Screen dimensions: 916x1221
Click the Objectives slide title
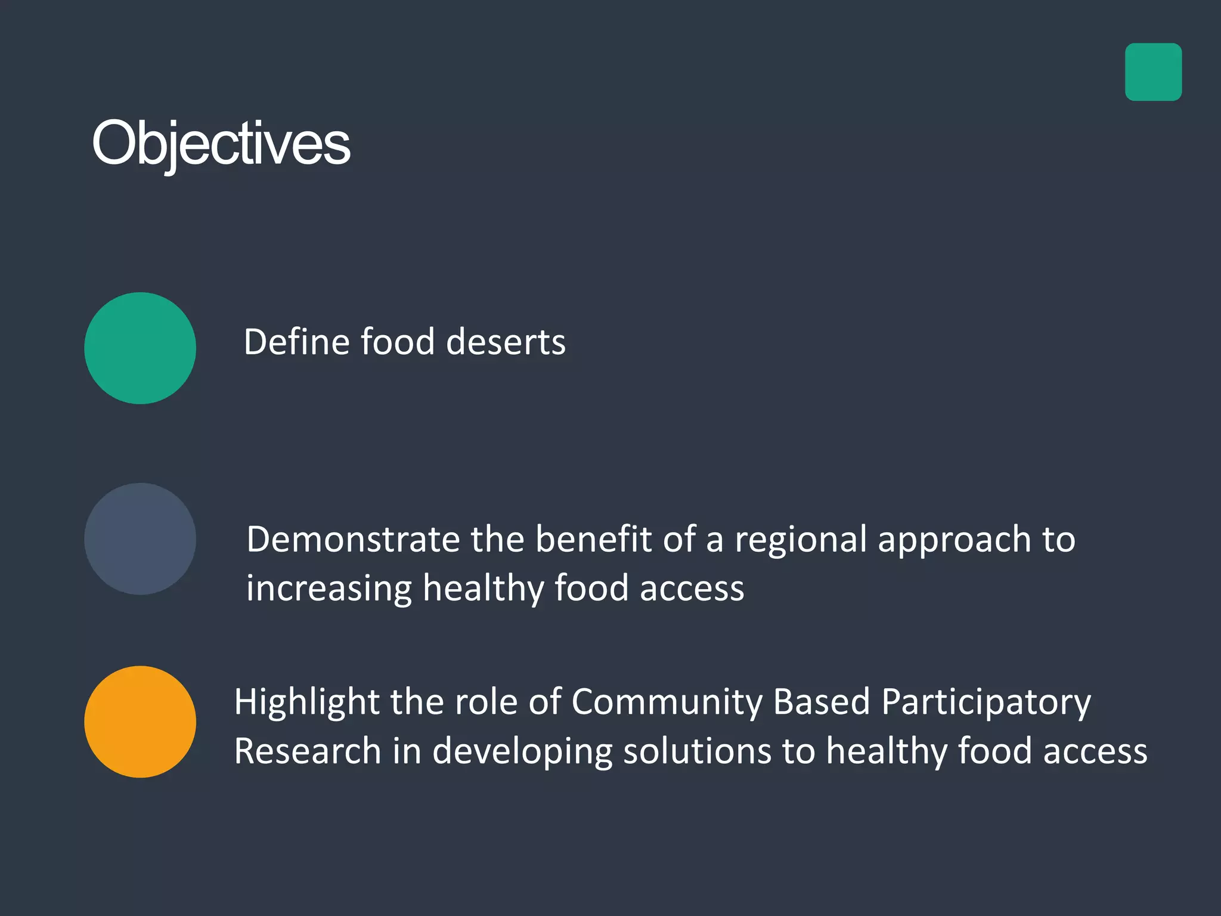(x=221, y=143)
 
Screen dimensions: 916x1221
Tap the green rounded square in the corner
(x=1153, y=72)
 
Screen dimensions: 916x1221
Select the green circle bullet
(x=140, y=348)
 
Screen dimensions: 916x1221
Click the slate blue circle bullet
(x=140, y=539)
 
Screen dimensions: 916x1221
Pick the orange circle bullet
(x=140, y=722)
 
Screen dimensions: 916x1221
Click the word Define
(x=296, y=342)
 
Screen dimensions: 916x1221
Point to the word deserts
(x=506, y=342)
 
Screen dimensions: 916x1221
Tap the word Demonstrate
(x=353, y=540)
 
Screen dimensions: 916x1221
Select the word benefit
(x=593, y=540)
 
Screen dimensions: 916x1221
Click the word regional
(x=800, y=540)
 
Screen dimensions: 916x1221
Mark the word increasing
(x=329, y=589)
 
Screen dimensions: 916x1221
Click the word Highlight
(x=306, y=703)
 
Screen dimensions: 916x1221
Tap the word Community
(x=667, y=703)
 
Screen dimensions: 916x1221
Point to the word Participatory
(x=986, y=703)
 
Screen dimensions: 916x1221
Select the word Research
(x=307, y=751)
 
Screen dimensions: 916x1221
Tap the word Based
(x=821, y=701)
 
